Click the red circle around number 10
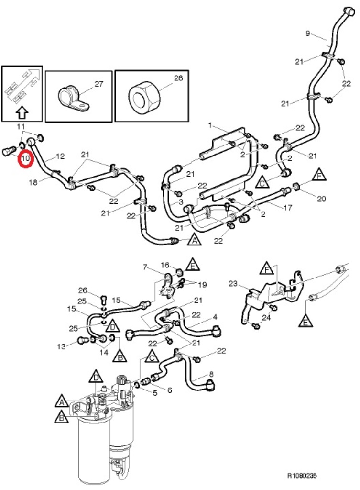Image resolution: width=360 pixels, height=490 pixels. tap(25, 158)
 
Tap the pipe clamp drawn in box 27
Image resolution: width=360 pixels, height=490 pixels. tap(72, 96)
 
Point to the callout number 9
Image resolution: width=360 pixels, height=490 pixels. tap(308, 33)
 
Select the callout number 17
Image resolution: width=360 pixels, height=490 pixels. tap(287, 209)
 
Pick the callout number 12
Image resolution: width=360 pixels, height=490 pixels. tap(60, 156)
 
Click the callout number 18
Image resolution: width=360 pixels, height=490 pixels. tap(33, 182)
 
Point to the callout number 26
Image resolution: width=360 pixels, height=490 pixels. tap(83, 290)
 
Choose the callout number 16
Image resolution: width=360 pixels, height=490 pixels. tap(165, 265)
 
